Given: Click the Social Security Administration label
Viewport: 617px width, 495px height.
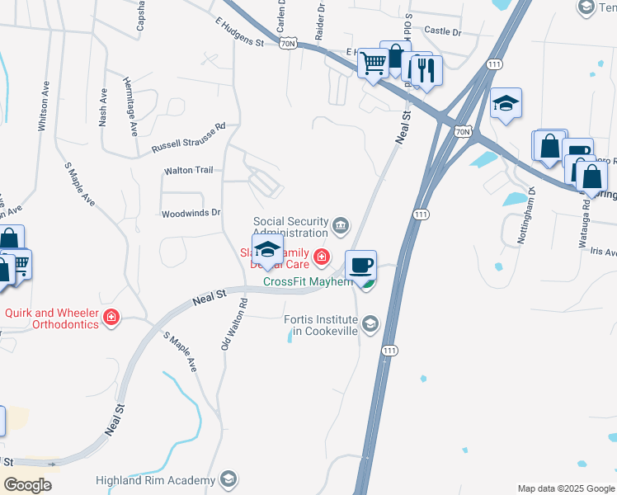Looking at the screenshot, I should tap(297, 227).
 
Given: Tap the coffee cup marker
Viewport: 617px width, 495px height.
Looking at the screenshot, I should tap(360, 266).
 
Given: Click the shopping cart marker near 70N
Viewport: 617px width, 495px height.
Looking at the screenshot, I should tap(374, 62).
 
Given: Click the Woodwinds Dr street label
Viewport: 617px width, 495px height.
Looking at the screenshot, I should tap(191, 213).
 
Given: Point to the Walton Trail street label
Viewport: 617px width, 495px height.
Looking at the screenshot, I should tap(189, 171).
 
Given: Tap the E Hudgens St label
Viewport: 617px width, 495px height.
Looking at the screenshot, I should tap(238, 32).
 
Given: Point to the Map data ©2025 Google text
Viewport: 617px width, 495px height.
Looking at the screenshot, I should tap(566, 488).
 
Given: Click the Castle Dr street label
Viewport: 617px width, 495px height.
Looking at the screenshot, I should tap(442, 31).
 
